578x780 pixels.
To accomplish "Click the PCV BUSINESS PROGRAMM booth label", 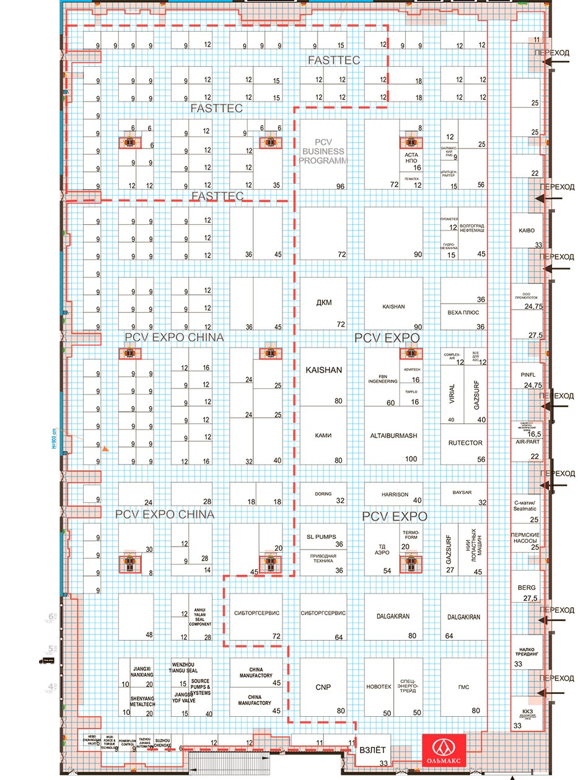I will point(323,151).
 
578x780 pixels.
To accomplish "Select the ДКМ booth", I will point(323,303).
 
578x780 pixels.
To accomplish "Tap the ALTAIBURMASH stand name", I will point(393,436).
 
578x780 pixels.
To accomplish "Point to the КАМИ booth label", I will point(323,436).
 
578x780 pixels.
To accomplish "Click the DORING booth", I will point(323,494).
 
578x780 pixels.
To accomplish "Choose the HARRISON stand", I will point(394,494).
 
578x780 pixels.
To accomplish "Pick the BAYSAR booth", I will point(464,494).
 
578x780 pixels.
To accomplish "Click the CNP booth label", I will point(323,687).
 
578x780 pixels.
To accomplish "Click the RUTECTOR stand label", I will point(464,443).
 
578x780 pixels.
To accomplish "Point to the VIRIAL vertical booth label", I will point(451,394).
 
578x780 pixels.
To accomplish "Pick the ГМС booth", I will point(464,687).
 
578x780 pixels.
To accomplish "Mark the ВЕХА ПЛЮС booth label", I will point(464,313).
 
